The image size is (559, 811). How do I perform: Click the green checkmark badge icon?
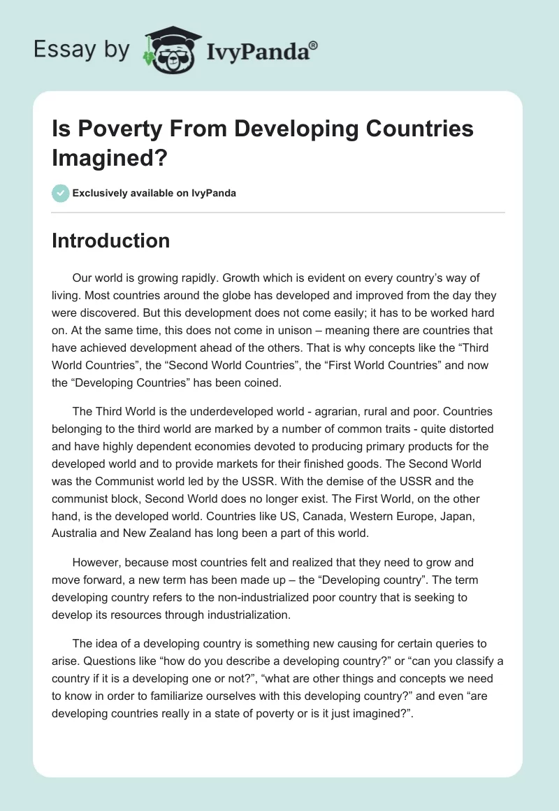(60, 193)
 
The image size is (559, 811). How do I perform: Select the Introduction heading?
(110, 241)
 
